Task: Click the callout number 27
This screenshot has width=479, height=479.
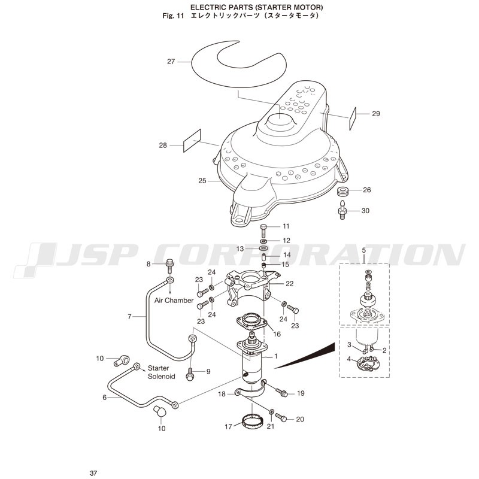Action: [171, 62]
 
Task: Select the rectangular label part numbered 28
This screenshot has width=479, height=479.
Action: [192, 141]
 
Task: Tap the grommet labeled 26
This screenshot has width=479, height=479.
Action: [342, 192]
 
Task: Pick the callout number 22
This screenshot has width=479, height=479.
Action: [289, 283]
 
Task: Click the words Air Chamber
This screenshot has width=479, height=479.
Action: [174, 301]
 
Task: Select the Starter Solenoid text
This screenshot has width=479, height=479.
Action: [161, 372]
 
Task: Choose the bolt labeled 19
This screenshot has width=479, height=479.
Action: [281, 392]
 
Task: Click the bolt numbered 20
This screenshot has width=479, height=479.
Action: [281, 417]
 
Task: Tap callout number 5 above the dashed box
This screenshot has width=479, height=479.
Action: [363, 250]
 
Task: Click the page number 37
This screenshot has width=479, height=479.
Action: [93, 473]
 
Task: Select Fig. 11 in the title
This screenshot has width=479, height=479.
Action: [173, 16]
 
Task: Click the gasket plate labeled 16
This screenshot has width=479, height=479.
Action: [251, 322]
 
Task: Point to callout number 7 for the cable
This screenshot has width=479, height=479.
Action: [129, 317]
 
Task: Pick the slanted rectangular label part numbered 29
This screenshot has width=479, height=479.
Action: [353, 119]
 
